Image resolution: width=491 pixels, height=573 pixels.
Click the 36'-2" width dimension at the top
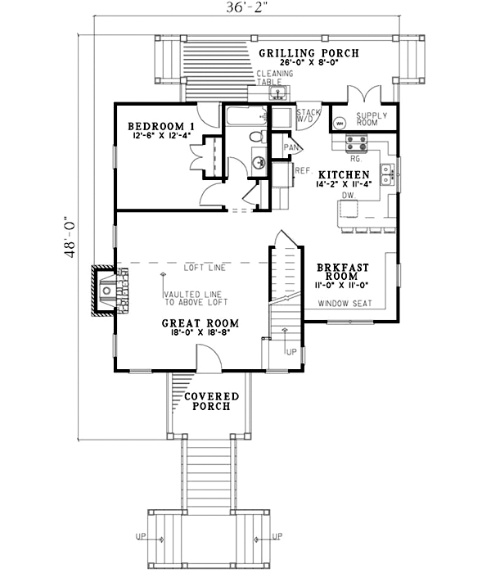pos(245,11)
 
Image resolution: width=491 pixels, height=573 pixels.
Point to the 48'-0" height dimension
pos(73,237)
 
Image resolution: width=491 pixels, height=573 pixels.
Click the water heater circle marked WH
pos(340,124)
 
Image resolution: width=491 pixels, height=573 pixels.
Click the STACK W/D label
pos(308,115)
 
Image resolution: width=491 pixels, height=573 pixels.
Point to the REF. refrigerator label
pos(301,170)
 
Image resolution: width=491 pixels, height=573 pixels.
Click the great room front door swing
pos(205,356)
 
